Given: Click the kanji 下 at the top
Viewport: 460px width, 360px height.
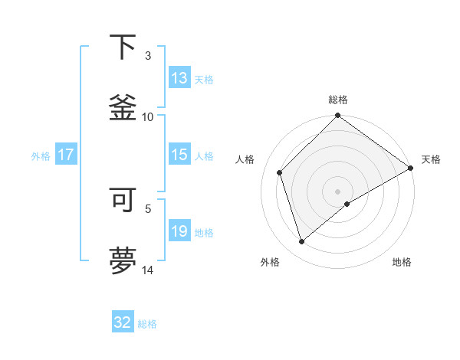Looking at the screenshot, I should click(123, 47).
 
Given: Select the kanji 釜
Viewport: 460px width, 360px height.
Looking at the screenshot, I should click(123, 106).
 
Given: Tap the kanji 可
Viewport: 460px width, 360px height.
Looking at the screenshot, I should click(123, 200).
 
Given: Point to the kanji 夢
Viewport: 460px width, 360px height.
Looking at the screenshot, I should click(123, 259).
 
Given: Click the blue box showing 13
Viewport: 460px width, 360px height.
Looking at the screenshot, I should click(179, 78).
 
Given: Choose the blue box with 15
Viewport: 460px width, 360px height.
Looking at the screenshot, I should click(179, 155).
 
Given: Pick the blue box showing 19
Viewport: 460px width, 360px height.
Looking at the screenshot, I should click(179, 231).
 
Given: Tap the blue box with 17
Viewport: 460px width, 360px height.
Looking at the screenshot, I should click(66, 155).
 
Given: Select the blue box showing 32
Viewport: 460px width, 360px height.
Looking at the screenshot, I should click(123, 322).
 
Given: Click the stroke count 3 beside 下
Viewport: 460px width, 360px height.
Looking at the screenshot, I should click(148, 56).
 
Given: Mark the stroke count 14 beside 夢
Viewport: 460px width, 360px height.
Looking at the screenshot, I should click(147, 270).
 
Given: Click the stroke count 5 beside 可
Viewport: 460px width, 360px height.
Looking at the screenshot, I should click(148, 208).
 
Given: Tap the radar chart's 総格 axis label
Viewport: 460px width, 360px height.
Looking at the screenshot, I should click(338, 100).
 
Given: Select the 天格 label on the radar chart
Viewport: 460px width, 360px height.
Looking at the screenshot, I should click(431, 159).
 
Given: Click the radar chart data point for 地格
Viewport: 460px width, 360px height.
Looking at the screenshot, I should click(347, 204).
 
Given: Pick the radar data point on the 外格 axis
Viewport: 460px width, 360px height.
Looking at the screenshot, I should click(301, 242).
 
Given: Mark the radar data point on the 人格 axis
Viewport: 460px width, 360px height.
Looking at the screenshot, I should click(280, 172).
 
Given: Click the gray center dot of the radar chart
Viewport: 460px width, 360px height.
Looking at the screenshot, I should click(338, 191).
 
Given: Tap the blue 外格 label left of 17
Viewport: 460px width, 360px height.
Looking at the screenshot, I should click(41, 155).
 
